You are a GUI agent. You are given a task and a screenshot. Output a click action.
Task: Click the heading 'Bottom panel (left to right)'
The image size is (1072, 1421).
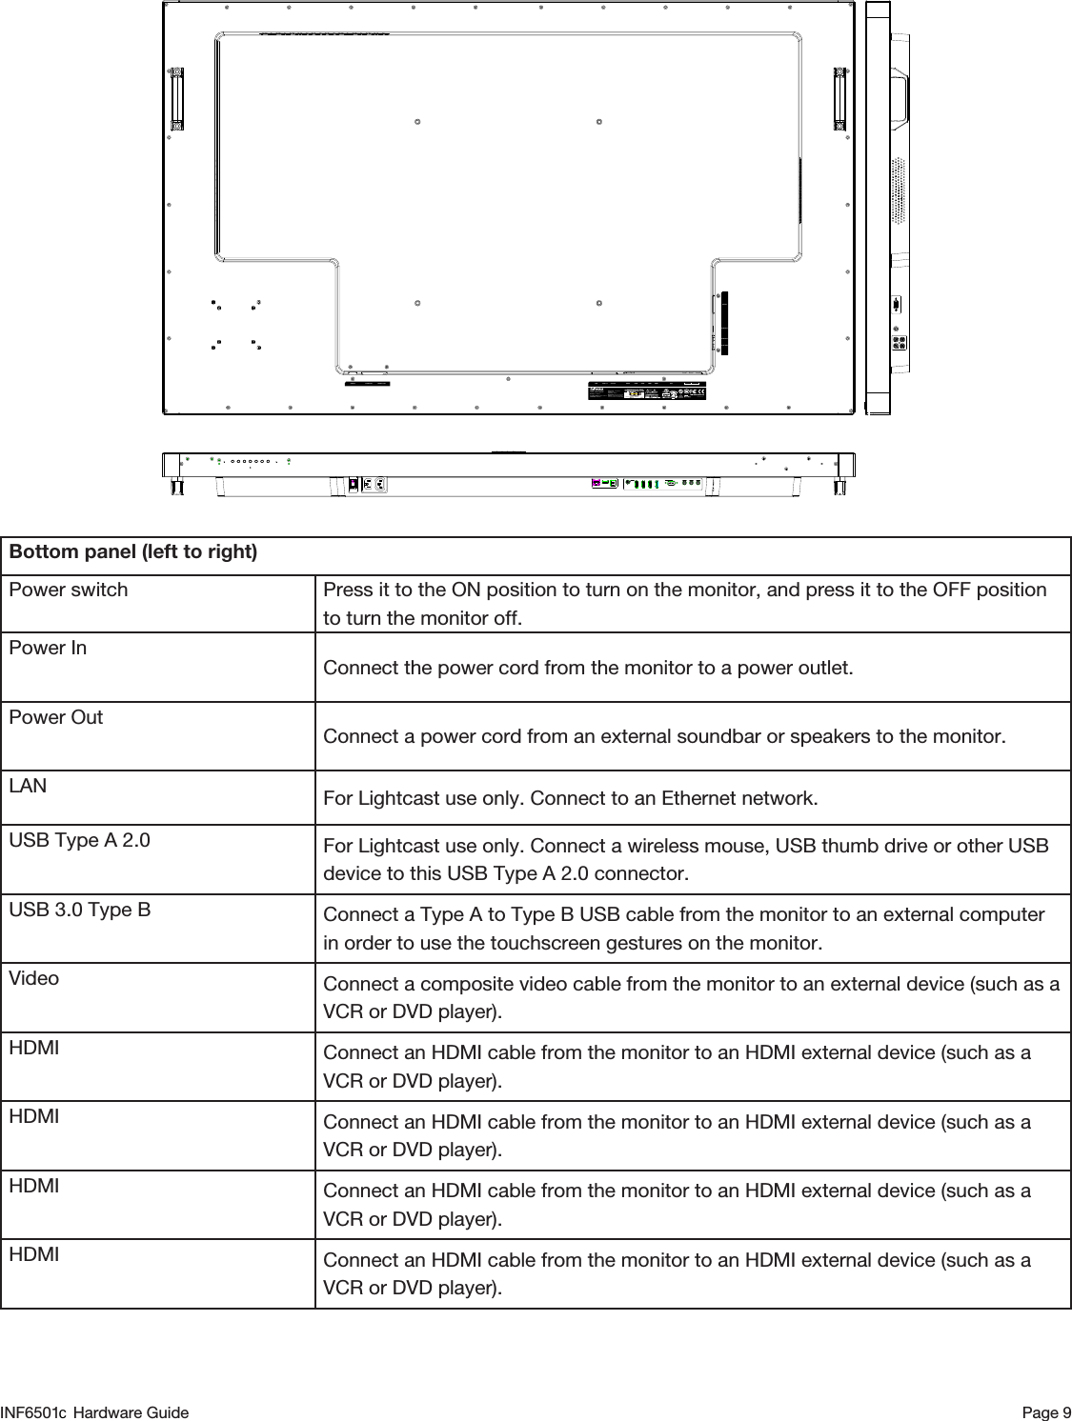132,552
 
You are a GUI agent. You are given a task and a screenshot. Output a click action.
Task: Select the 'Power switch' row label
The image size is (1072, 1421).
68,590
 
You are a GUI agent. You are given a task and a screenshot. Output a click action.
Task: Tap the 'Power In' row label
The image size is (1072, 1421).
47,648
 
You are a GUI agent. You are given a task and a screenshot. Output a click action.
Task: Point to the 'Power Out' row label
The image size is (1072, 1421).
55,717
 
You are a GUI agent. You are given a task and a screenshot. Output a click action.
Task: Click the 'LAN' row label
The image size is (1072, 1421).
27,787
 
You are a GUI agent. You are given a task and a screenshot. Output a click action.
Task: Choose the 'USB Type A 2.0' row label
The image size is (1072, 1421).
79,841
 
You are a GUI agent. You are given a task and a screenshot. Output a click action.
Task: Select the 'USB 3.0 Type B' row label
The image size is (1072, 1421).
79,910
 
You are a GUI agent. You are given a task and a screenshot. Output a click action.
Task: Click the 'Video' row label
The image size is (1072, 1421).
33,978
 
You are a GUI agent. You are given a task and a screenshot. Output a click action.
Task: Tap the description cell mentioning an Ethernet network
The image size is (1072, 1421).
570,797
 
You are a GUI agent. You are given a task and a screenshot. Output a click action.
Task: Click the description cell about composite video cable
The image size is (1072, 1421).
691,996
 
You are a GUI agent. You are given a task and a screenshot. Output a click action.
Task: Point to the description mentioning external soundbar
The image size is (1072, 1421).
662,736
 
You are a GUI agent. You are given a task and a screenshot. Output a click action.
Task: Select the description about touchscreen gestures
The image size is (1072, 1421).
683,929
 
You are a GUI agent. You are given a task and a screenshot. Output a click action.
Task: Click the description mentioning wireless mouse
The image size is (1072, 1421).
685,860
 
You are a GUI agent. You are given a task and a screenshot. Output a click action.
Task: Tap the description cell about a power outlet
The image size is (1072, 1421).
588,667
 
